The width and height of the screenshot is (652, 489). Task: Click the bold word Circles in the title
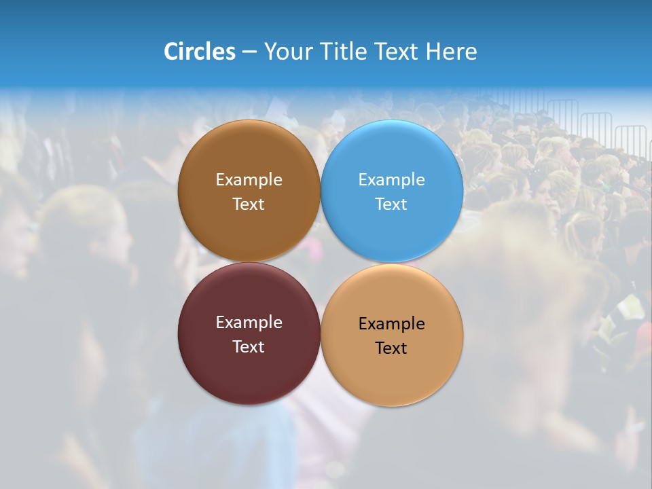[200, 52]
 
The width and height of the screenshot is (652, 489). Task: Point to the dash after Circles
[249, 52]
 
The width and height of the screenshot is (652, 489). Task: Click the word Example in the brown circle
[249, 179]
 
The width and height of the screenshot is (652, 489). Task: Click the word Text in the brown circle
[249, 204]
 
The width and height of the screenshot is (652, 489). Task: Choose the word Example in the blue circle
[392, 179]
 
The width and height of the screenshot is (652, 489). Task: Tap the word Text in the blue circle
[392, 204]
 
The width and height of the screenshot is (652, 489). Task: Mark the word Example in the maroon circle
[249, 322]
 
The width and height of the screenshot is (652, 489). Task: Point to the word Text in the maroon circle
[249, 346]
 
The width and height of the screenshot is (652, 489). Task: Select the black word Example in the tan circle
[392, 323]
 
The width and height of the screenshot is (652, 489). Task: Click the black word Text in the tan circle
[392, 348]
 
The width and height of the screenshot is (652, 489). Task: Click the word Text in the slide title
[397, 52]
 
